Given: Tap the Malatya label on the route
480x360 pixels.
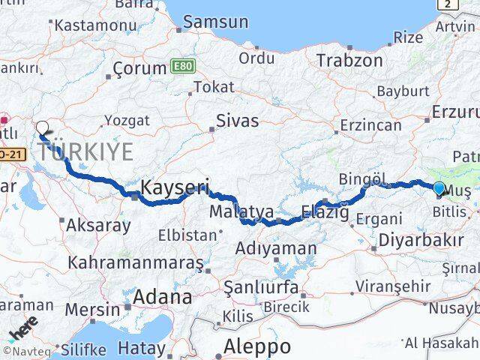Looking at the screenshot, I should coord(241,213).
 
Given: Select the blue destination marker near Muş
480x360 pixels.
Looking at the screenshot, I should coord(439,189).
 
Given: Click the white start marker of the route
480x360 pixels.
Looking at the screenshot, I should coord(43,128).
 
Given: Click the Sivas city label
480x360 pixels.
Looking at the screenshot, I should coord(237,120).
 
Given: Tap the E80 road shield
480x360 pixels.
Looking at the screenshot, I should coord(181,66).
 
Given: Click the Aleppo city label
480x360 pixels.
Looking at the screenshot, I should coord(257,346).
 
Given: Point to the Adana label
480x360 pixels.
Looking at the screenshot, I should coord(161,297).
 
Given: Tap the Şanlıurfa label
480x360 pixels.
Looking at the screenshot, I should coord(261,287).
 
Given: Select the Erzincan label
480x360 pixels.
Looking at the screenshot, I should coord(370,125).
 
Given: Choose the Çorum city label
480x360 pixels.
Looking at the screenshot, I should coord(139,68).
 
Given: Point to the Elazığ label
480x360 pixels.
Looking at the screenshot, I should coord(325,213).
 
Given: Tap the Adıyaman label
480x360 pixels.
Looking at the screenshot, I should coord(275,248).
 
